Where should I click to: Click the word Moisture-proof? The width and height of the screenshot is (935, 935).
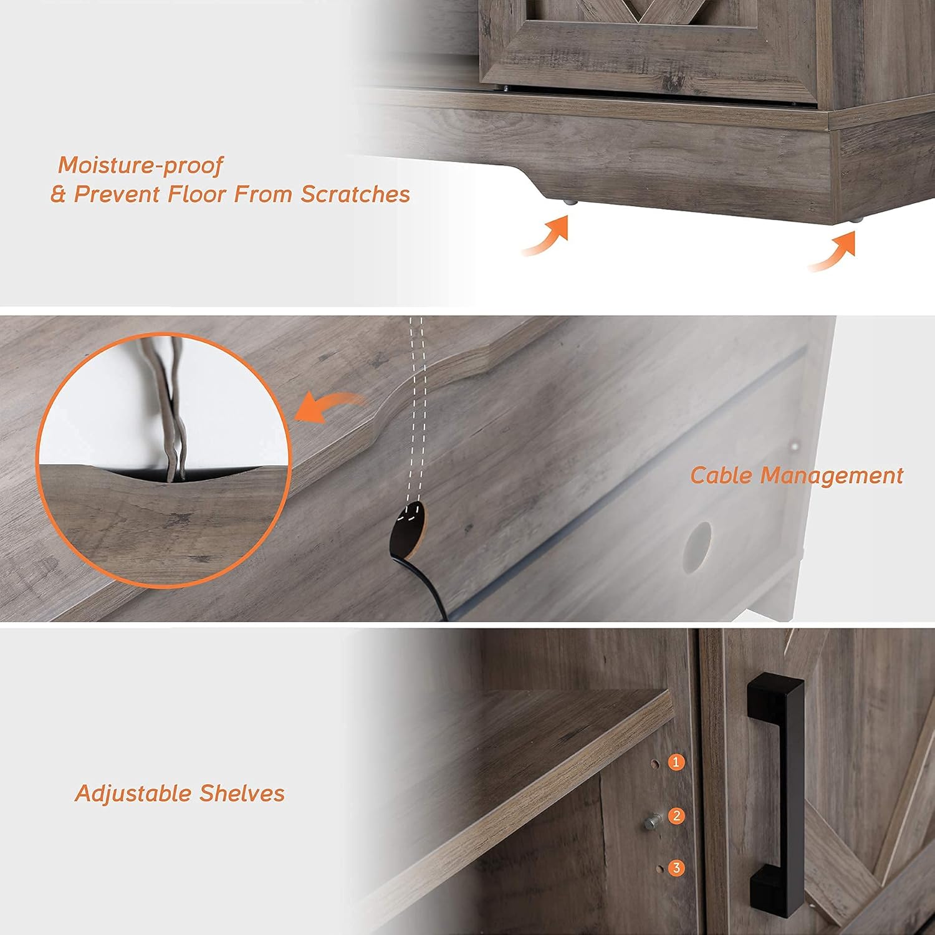(x=140, y=166)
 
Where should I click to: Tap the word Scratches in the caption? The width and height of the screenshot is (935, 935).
(x=355, y=194)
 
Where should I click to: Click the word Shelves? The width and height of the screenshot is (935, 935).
(x=242, y=794)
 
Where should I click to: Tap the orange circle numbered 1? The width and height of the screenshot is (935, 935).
(x=676, y=762)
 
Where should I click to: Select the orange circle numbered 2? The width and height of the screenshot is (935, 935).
(x=676, y=815)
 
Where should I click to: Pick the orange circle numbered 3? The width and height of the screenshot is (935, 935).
(x=676, y=868)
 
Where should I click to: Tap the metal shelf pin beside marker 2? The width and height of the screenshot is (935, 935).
(x=652, y=822)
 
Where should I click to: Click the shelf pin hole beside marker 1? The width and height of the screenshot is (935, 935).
(x=655, y=762)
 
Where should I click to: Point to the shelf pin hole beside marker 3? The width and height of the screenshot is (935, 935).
(x=658, y=868)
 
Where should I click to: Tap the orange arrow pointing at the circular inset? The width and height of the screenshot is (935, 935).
(x=329, y=407)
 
